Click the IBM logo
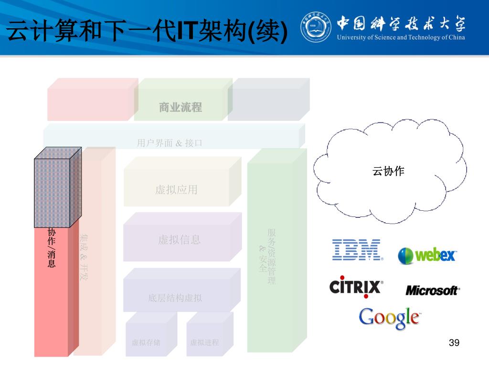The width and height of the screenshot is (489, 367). click(x=357, y=249)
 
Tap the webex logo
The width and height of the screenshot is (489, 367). click(x=427, y=255)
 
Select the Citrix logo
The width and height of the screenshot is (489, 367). click(x=356, y=286)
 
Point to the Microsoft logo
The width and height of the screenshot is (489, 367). click(x=433, y=290)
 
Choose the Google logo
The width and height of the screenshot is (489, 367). click(x=389, y=318)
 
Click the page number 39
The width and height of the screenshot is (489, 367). click(x=454, y=343)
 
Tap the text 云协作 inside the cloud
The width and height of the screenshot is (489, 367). click(x=388, y=171)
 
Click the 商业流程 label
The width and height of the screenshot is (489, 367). click(x=181, y=108)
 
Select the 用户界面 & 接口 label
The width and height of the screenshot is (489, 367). click(x=170, y=143)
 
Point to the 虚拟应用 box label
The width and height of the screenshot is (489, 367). click(x=176, y=190)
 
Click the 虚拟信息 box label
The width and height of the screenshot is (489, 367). click(x=179, y=240)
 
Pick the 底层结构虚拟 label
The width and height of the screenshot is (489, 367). click(x=175, y=298)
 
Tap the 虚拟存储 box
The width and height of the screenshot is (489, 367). click(x=146, y=342)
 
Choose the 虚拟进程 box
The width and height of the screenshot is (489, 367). click(x=204, y=342)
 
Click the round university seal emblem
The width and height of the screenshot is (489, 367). click(x=315, y=27)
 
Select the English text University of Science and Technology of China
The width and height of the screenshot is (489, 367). click(x=401, y=37)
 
